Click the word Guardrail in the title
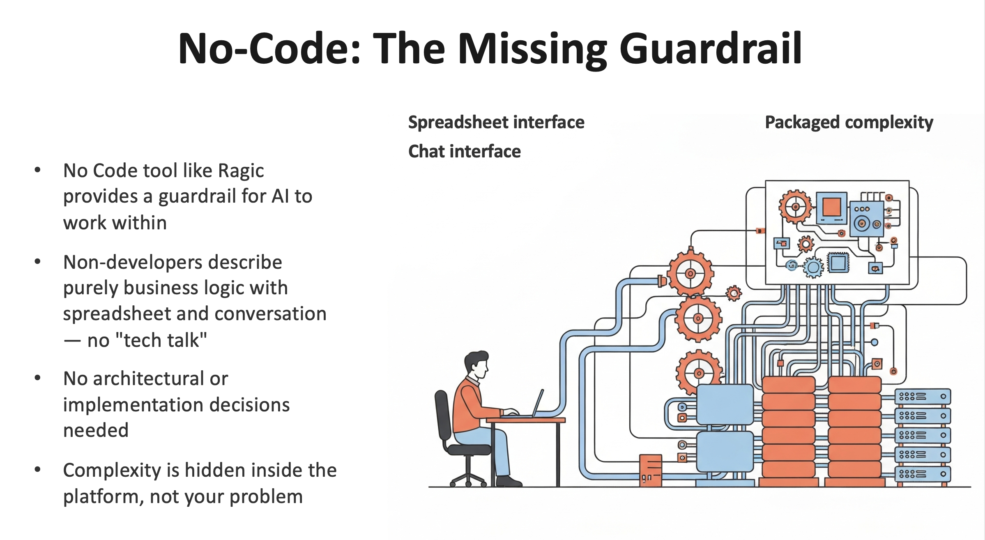pos(711,49)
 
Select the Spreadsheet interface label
pos(496,122)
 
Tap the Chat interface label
pos(464,152)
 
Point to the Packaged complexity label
pos(849,122)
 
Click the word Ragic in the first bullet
pos(241,171)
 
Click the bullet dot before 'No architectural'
pos(38,378)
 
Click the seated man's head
pos(476,363)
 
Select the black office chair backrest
pos(442,415)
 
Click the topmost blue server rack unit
pos(923,397)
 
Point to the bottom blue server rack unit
pos(923,474)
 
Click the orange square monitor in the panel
pos(832,208)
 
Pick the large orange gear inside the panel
pos(795,207)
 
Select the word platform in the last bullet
pos(103,497)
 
